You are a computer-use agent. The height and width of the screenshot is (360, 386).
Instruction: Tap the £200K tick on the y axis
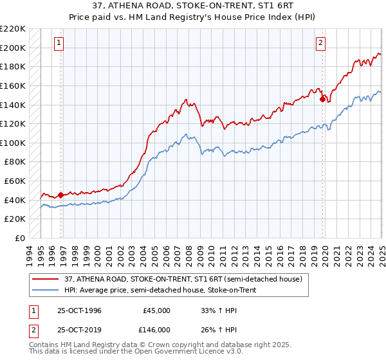[x=14, y=48]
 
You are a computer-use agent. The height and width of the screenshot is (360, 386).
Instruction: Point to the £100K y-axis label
[x=14, y=143]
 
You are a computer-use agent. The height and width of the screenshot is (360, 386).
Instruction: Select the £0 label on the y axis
[x=20, y=238]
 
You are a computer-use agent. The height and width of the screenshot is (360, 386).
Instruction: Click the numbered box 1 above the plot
[x=59, y=43]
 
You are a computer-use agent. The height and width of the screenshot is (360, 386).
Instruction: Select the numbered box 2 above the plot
[x=320, y=43]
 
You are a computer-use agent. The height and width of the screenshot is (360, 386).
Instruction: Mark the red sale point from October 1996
[x=61, y=195]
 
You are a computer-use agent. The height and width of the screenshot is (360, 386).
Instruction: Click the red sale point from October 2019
[x=322, y=99]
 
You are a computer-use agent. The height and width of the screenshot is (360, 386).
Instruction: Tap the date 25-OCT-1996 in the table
[x=80, y=310]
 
